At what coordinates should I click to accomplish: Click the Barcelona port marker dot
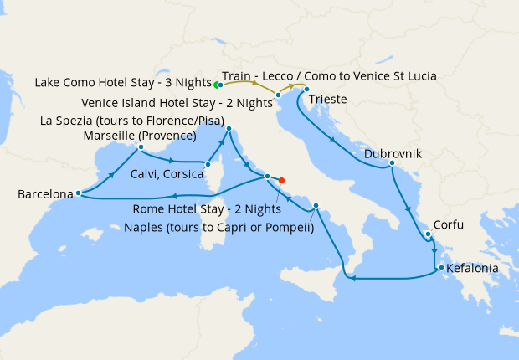click(78, 193)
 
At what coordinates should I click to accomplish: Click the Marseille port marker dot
click(141, 147)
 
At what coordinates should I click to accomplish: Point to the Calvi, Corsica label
click(167, 174)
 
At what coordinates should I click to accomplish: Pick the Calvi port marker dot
click(207, 164)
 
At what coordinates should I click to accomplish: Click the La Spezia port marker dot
click(229, 128)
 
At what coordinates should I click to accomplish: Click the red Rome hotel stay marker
click(281, 180)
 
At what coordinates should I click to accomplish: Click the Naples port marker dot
click(316, 207)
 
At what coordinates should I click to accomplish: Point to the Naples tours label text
click(218, 225)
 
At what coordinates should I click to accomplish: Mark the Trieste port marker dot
click(306, 90)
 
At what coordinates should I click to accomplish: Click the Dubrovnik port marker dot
click(392, 163)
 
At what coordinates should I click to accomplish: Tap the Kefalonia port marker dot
click(438, 268)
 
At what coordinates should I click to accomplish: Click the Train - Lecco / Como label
click(329, 76)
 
